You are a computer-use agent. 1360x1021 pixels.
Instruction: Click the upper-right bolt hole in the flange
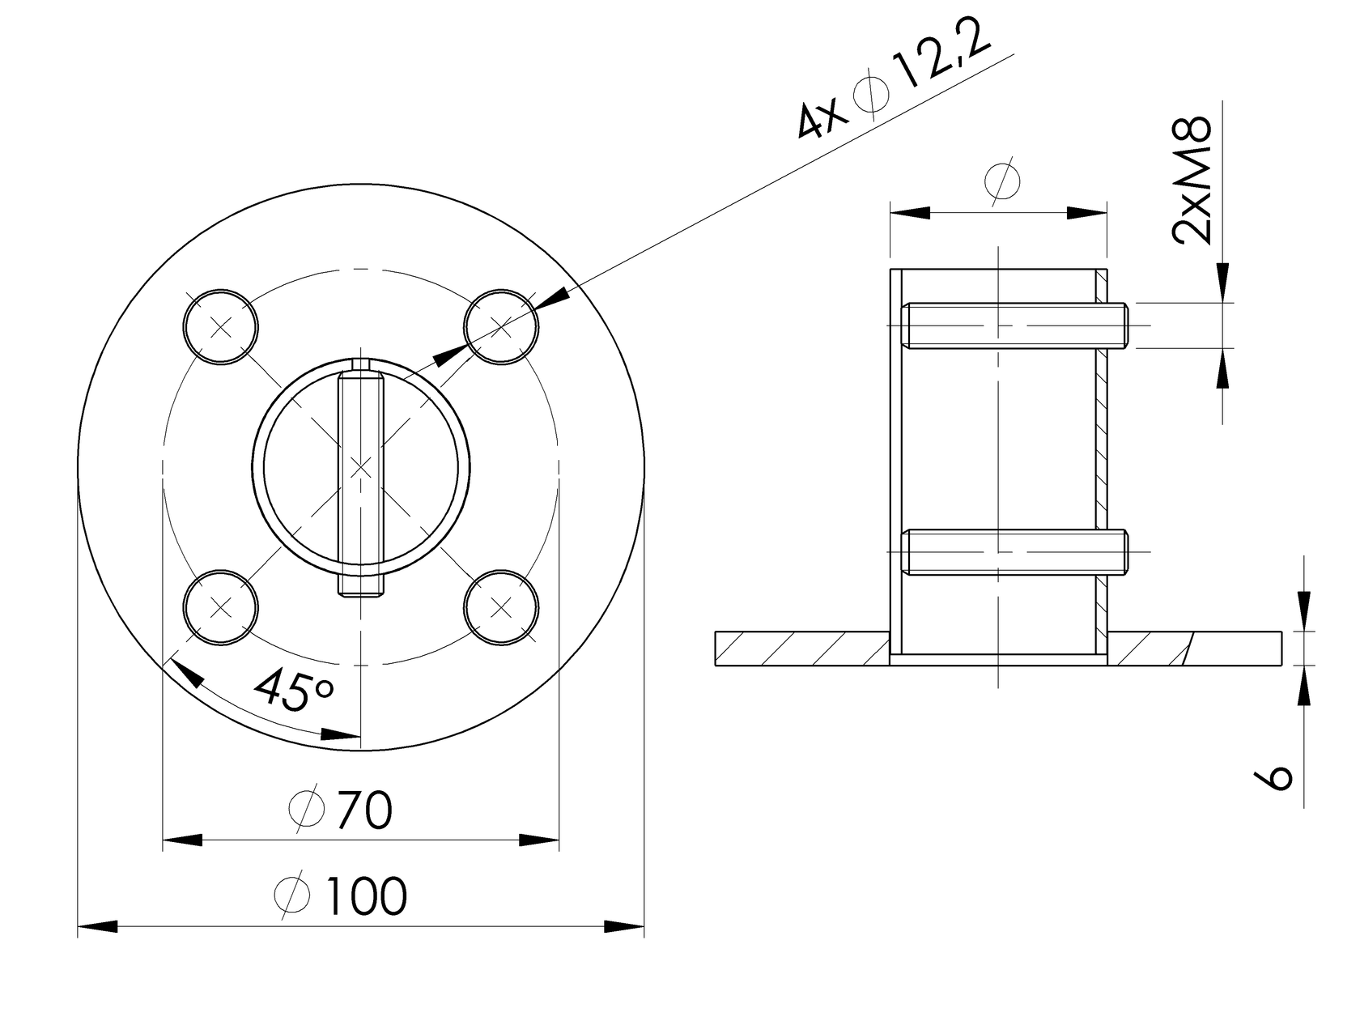(502, 327)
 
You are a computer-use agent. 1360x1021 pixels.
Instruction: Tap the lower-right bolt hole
(502, 606)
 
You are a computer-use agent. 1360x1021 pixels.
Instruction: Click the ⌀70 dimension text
(341, 809)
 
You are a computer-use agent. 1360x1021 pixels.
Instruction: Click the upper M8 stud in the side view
(1016, 325)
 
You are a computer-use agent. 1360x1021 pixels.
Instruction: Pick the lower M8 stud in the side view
(1016, 551)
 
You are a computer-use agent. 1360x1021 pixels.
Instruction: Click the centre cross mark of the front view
(361, 467)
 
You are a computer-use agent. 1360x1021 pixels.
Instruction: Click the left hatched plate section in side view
(801, 649)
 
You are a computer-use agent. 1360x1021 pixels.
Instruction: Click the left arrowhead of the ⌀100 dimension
(97, 926)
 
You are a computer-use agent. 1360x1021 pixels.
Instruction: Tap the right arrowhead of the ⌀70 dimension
(539, 840)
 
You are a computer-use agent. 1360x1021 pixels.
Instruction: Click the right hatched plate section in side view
(1194, 649)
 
